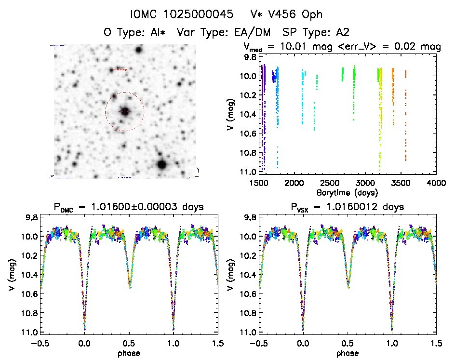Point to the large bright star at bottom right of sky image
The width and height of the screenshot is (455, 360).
tap(161, 165)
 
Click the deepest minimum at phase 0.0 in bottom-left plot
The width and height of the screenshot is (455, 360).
tap(85, 329)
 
